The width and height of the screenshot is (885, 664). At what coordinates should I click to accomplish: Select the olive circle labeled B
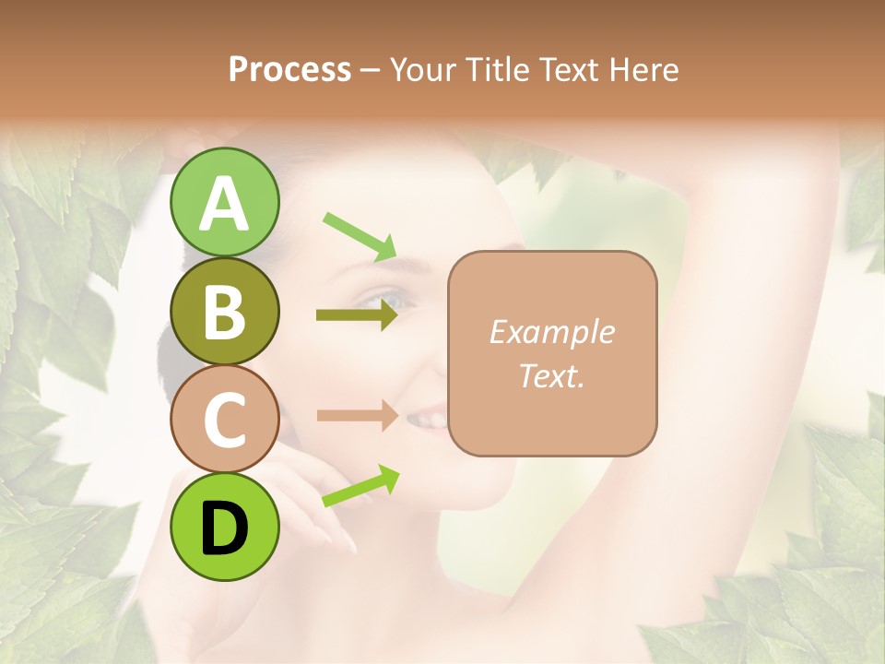(224, 312)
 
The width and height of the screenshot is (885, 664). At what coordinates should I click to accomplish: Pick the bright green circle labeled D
(224, 527)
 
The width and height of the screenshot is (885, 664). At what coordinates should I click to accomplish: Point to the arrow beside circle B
(357, 315)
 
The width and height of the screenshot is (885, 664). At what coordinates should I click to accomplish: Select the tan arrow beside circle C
(357, 416)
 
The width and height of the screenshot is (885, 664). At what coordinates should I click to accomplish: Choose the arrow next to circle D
(360, 486)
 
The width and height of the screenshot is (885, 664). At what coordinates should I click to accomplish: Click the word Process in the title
(289, 69)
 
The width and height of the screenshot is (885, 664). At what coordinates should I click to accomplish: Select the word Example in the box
(551, 332)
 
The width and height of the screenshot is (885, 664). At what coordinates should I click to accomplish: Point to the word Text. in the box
(551, 375)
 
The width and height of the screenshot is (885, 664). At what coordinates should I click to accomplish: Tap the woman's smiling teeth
(428, 420)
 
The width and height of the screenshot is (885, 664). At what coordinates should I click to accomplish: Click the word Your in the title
(423, 69)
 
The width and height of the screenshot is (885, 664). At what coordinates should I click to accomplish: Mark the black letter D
(224, 528)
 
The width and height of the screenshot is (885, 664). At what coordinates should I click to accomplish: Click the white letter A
(224, 204)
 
